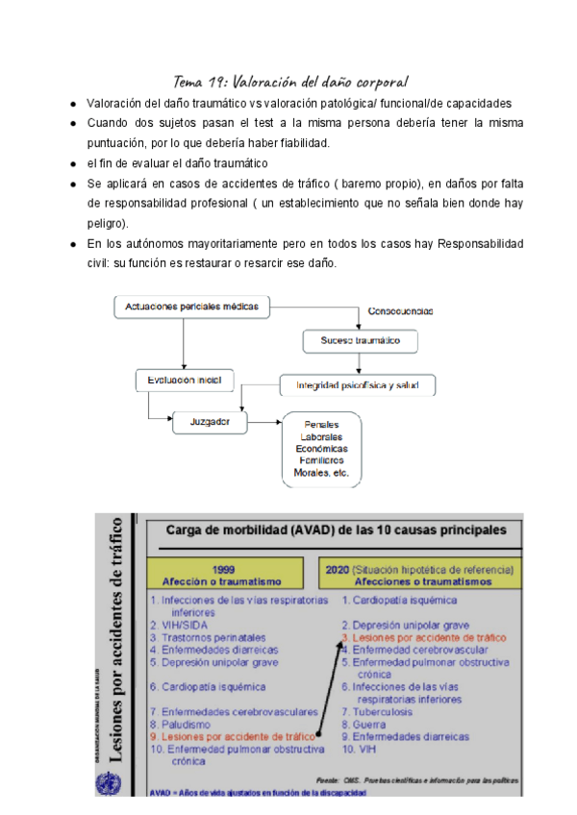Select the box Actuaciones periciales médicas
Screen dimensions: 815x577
tap(192, 307)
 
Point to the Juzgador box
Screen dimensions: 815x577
tap(210, 421)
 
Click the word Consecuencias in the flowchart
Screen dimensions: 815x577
tap(401, 311)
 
